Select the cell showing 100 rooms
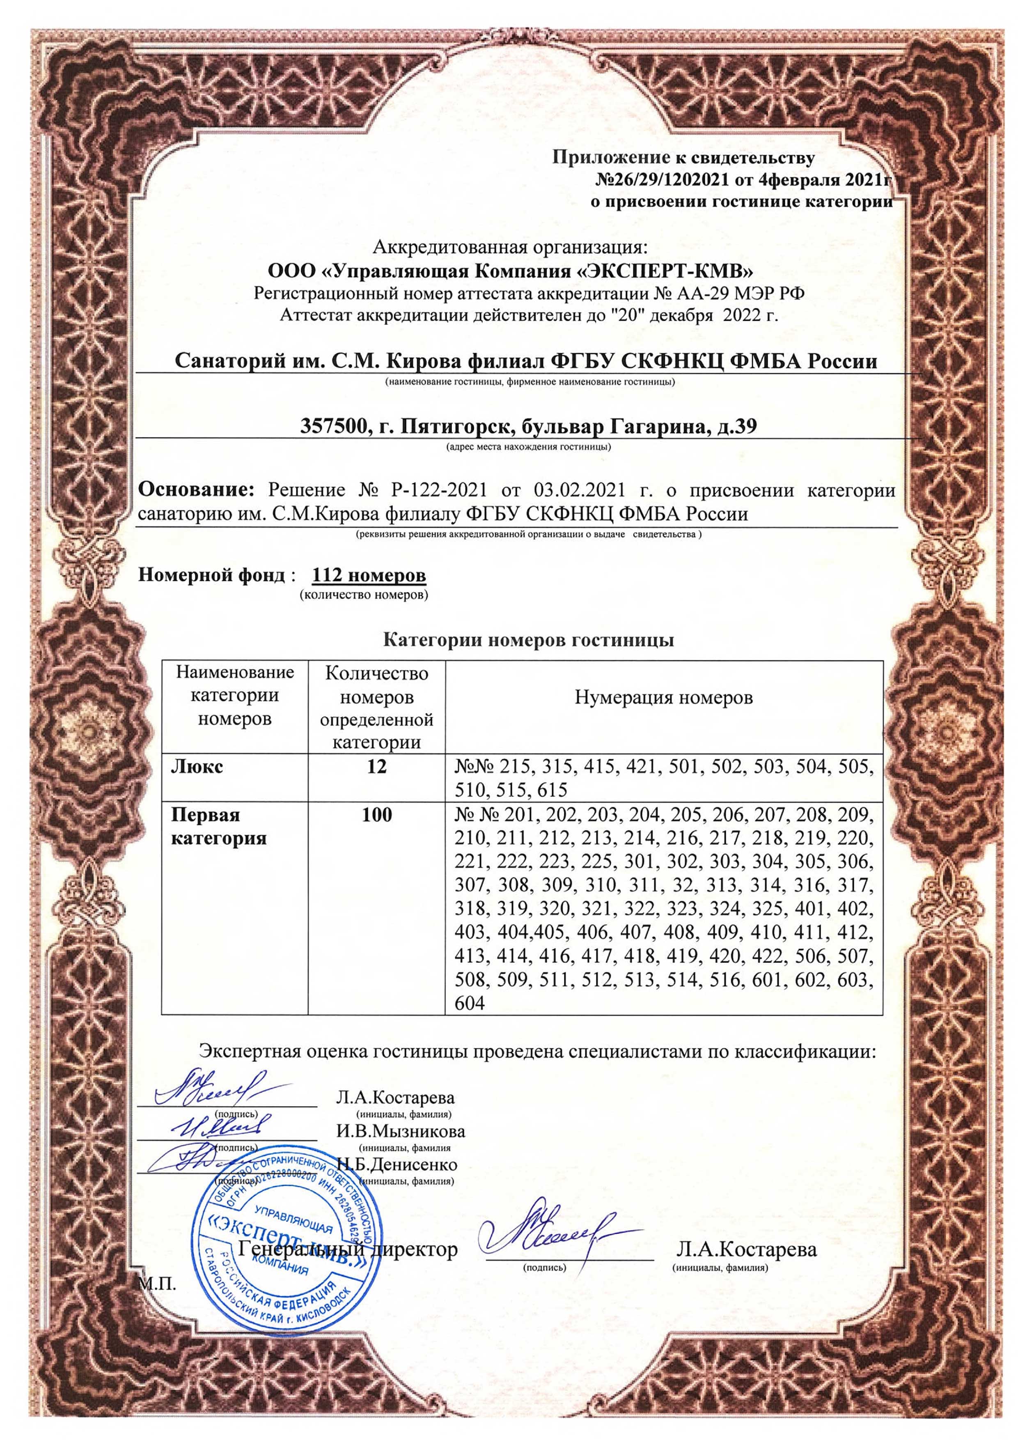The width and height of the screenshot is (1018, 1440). coord(377,815)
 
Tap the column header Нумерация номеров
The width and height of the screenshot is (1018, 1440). coord(664,698)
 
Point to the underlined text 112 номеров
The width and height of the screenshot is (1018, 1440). coord(369,575)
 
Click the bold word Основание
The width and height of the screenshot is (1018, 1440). coord(195,489)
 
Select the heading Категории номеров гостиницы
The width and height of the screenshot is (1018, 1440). coord(528,641)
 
